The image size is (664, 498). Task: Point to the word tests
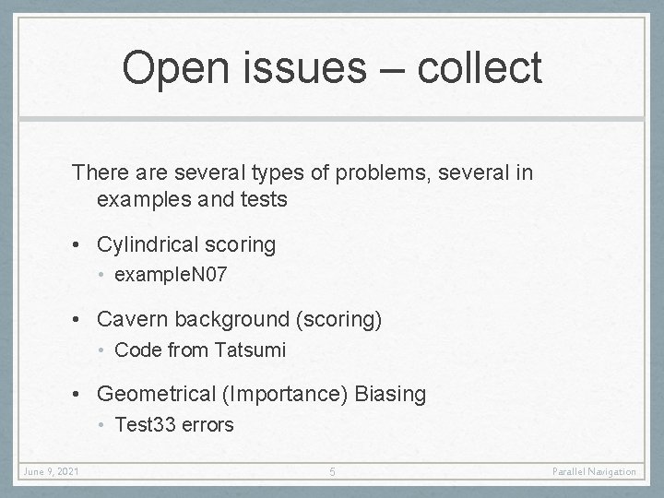pos(264,198)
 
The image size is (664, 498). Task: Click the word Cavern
pos(130,320)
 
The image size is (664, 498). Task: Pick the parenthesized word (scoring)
pos(337,320)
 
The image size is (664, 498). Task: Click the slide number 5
pos(332,472)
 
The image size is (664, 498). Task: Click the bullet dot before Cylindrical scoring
pos(84,246)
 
